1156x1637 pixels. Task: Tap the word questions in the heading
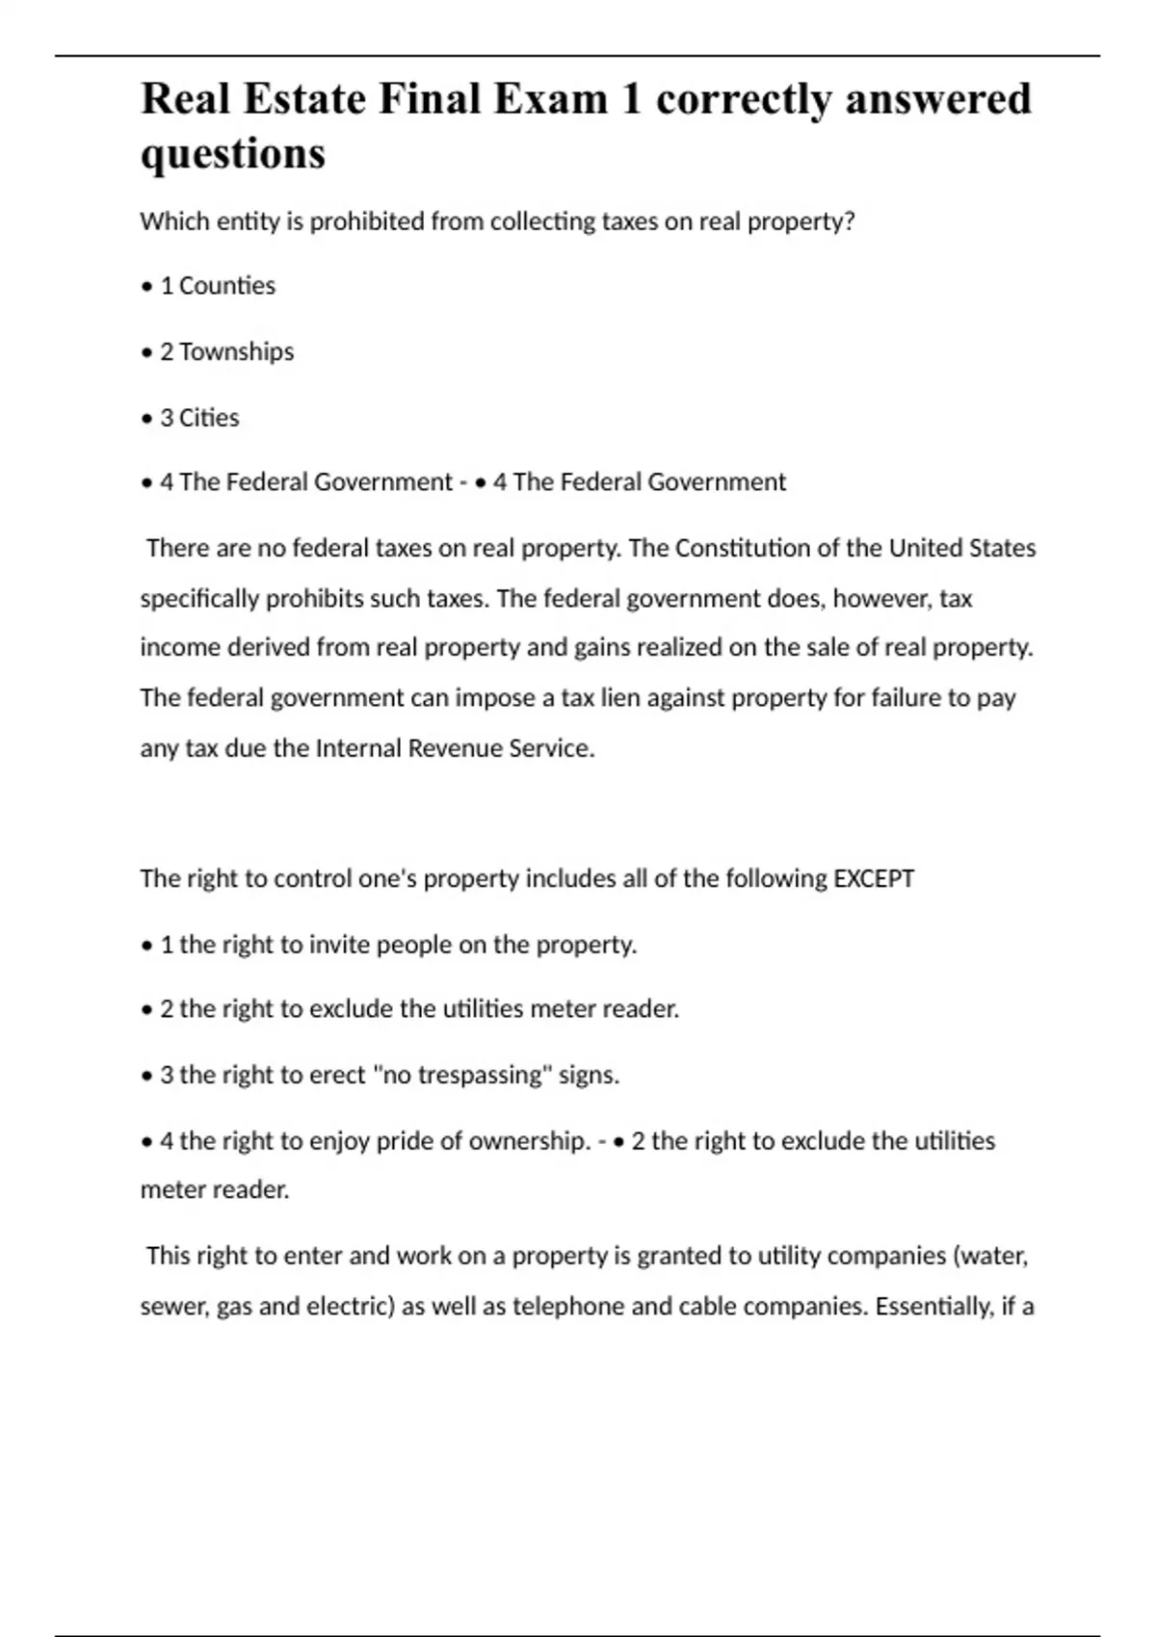click(x=233, y=154)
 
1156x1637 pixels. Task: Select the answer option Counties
click(x=227, y=286)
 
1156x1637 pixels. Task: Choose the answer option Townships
click(x=236, y=351)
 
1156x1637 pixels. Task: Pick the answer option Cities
click(x=209, y=418)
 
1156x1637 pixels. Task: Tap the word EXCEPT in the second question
click(x=874, y=878)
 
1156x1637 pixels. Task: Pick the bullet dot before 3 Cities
click(x=146, y=419)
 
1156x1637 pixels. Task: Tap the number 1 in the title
click(x=631, y=99)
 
